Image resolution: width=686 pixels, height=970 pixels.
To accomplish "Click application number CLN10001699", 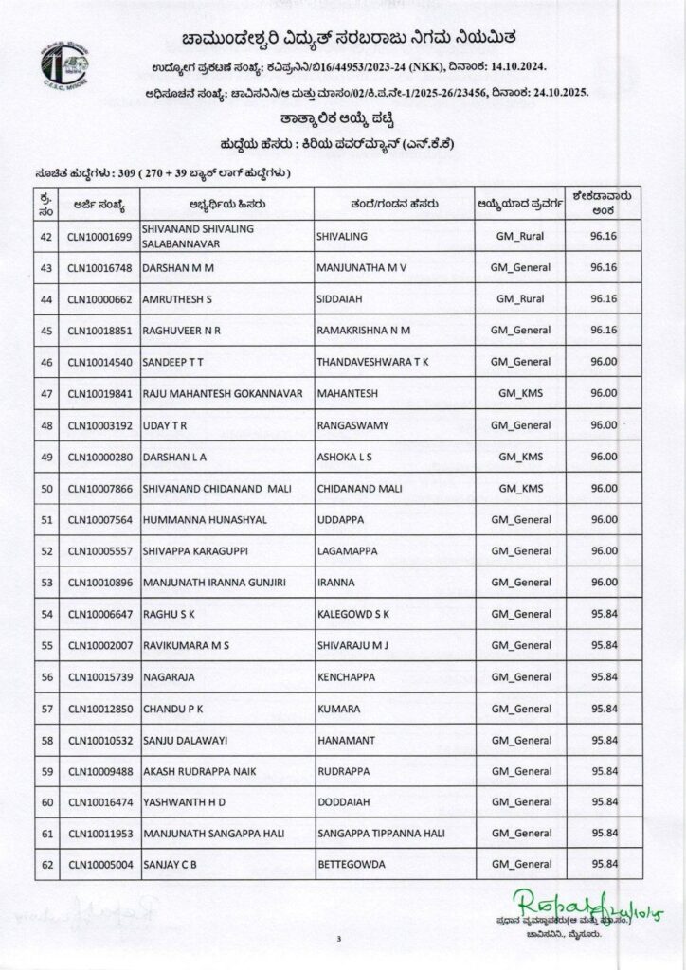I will pyautogui.click(x=99, y=236).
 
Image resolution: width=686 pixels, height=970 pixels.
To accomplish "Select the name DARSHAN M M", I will pyautogui.click(x=179, y=268).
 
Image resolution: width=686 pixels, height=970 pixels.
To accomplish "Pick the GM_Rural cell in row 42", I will pyautogui.click(x=520, y=236).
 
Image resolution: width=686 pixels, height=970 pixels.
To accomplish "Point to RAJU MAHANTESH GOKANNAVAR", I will pyautogui.click(x=217, y=393).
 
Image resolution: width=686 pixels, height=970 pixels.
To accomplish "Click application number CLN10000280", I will pyautogui.click(x=99, y=457).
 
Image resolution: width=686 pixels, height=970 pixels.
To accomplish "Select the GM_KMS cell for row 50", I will pyautogui.click(x=520, y=488).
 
